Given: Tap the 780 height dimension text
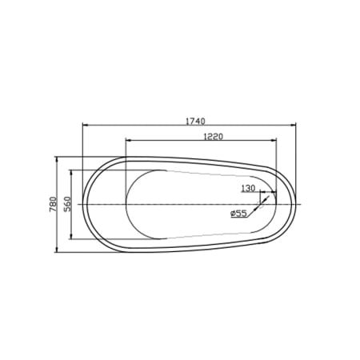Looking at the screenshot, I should (x=52, y=204).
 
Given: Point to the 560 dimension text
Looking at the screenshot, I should (x=68, y=204).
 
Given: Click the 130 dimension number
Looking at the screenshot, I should (x=248, y=189).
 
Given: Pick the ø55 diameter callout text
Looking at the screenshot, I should (x=238, y=214).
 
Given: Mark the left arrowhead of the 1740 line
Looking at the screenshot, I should (x=85, y=126).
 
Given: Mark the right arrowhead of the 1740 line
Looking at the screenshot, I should (x=294, y=126).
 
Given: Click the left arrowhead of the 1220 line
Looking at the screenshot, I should (x=126, y=142).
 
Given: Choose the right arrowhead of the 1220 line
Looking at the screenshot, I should (x=274, y=142).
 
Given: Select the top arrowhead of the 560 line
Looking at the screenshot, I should (x=74, y=170).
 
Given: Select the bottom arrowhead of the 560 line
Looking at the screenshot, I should (x=74, y=238).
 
